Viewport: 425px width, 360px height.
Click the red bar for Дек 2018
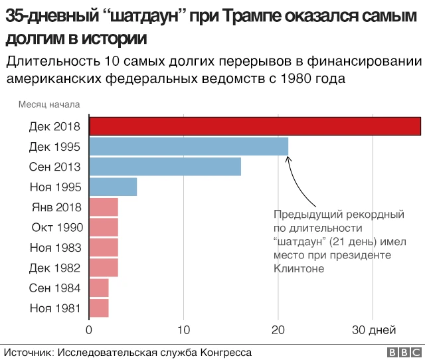point(255,126)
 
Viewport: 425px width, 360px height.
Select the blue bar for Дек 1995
point(189,146)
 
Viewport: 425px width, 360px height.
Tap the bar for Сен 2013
point(165,167)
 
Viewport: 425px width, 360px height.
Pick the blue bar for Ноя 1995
point(113,187)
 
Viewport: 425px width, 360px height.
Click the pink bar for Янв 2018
point(104,207)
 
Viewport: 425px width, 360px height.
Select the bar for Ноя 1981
point(99,308)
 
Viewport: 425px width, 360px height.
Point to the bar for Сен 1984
point(99,288)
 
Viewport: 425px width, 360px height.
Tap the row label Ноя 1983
point(56,248)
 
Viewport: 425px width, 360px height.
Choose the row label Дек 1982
point(56,268)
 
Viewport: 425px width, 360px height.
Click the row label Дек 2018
point(56,126)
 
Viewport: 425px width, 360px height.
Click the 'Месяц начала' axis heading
point(49,104)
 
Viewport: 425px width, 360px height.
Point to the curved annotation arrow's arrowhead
point(288,160)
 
